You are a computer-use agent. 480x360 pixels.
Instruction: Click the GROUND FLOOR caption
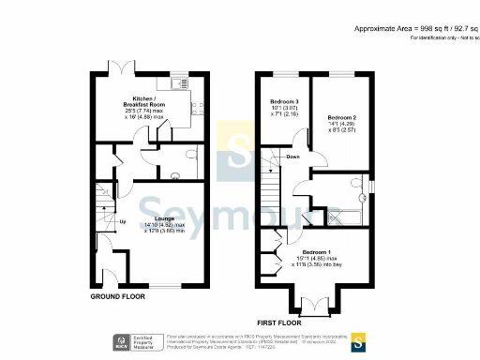coord(119,296)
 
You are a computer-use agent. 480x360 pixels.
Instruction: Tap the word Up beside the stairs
coord(122,222)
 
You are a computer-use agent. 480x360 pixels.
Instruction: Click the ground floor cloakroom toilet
coord(190,154)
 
